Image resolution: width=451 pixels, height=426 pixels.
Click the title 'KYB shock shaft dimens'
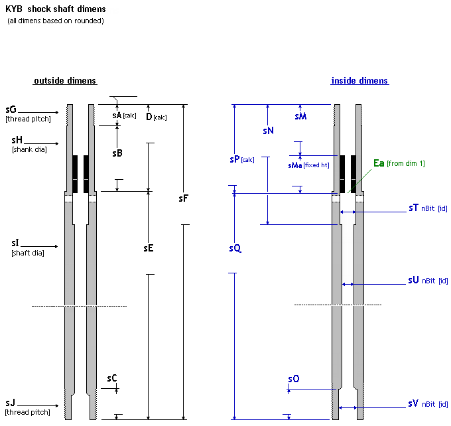click(x=56, y=9)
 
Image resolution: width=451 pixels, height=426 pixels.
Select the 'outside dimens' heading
click(x=65, y=81)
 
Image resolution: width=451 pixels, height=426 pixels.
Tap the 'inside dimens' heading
click(x=359, y=81)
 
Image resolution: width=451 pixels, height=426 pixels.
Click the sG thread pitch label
click(x=10, y=109)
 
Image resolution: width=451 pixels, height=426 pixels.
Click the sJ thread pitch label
click(x=10, y=403)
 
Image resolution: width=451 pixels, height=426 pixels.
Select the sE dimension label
click(x=149, y=248)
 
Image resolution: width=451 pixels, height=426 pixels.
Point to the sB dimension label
click(x=117, y=153)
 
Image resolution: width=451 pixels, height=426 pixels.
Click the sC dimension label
click(x=112, y=378)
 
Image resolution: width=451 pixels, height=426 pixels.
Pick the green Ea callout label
click(x=379, y=163)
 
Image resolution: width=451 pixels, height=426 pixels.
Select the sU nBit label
click(x=413, y=280)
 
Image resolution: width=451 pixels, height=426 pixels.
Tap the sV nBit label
click(x=413, y=403)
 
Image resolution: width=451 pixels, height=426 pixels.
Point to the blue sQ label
click(x=235, y=248)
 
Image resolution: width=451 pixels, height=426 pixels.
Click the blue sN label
click(x=268, y=131)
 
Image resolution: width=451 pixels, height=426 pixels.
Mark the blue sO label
click(x=293, y=378)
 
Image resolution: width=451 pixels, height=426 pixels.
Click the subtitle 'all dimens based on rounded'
click(x=56, y=21)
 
